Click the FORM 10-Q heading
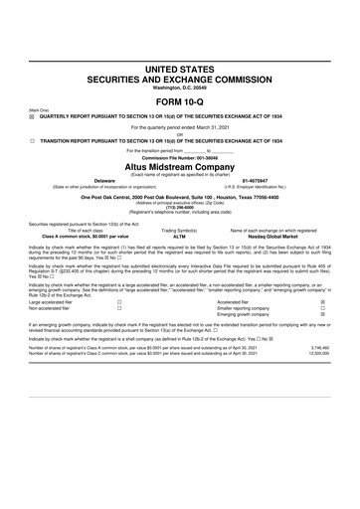[x=180, y=101]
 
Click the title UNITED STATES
[x=180, y=68]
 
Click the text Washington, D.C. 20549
[x=180, y=87]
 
